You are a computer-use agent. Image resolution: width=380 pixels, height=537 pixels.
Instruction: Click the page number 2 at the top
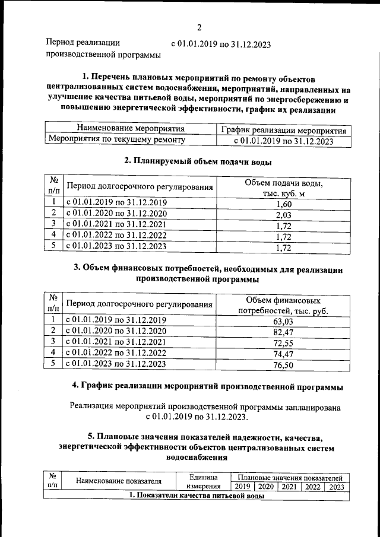199,27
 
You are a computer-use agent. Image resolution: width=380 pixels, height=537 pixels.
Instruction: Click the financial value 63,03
283,322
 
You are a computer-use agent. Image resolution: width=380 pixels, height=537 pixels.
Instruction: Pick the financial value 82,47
283,332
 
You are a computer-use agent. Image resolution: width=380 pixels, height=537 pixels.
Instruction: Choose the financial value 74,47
283,354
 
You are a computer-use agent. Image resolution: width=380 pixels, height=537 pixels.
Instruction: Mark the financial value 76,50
283,365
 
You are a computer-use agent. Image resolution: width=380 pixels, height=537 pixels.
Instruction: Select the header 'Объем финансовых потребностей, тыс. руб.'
283,305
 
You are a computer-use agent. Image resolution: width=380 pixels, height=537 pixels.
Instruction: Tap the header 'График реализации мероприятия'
283,129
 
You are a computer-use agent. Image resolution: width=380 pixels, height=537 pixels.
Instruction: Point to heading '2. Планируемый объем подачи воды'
198,161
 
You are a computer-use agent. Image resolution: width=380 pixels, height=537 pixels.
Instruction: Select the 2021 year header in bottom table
289,487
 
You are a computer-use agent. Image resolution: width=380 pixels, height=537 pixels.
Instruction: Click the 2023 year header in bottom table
337,487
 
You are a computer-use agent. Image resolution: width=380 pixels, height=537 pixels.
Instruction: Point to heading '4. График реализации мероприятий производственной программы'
207,386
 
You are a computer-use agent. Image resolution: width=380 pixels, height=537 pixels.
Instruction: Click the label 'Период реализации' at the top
83,43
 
